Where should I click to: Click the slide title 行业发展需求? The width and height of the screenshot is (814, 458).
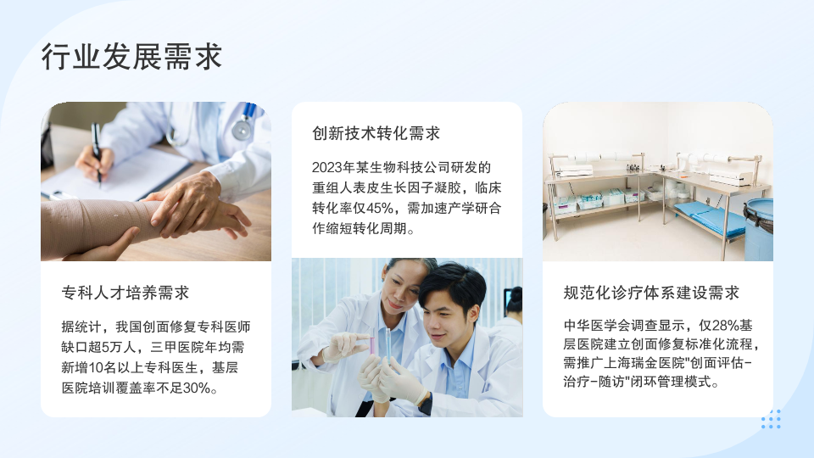click(132, 57)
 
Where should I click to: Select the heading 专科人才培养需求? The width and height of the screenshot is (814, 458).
click(125, 293)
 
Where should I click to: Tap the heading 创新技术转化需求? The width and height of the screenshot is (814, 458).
click(376, 133)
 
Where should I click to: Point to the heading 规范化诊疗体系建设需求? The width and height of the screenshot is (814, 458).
click(651, 293)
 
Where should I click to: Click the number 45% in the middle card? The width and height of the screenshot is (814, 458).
click(380, 209)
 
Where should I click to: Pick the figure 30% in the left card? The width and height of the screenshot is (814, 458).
click(197, 388)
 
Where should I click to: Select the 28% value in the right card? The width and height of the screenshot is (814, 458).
click(726, 326)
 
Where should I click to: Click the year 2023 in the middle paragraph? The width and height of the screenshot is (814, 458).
click(326, 168)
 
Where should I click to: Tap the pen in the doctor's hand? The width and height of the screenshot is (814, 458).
click(97, 153)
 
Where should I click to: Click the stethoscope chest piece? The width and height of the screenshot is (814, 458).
click(242, 129)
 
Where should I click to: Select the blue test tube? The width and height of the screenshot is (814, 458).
click(387, 345)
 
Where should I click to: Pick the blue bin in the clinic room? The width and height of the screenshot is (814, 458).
click(759, 229)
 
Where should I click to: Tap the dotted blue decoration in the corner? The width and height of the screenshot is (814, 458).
click(771, 419)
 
